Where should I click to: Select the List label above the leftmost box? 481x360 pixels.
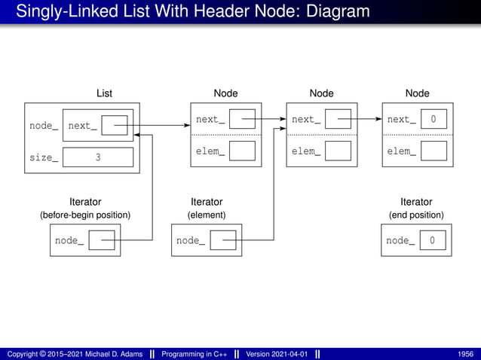coord(104,93)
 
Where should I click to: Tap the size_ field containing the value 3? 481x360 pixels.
coord(98,157)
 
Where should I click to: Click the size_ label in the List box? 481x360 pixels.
coord(44,157)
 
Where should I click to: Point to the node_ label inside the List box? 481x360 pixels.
coord(44,126)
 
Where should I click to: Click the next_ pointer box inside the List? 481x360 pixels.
coord(115,126)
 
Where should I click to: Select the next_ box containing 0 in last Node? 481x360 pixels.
coord(434,119)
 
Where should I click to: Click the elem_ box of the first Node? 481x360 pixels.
coord(242,151)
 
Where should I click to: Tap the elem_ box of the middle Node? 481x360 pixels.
coord(338,151)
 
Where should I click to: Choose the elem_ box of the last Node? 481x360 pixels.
coord(434,151)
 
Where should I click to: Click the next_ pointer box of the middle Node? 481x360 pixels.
coord(338,119)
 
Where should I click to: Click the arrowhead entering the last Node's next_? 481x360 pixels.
coord(378,119)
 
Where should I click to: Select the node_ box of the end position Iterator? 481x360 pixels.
coord(433,240)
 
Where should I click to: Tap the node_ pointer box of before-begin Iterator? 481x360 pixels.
coord(102,240)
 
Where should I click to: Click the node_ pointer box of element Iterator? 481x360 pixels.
coord(223,240)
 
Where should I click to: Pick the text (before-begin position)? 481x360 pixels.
coord(85,215)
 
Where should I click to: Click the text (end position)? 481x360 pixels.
coord(416,215)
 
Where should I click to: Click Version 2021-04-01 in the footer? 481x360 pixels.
coord(277,354)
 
